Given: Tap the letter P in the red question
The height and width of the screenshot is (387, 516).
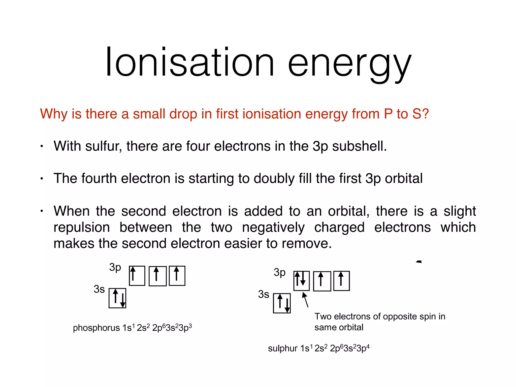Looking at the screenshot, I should click(388, 114).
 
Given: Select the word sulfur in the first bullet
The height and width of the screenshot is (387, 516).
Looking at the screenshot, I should click(104, 146).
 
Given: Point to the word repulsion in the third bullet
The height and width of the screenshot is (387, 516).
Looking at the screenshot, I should click(82, 227).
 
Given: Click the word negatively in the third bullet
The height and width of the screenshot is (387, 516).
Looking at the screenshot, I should click(273, 227).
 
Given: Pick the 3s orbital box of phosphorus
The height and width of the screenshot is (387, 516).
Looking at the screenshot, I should click(117, 298).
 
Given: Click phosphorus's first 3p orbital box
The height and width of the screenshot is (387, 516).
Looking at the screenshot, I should click(137, 276).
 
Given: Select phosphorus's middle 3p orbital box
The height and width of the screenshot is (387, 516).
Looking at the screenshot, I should click(157, 276).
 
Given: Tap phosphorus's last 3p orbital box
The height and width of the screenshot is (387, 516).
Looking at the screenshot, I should click(177, 276).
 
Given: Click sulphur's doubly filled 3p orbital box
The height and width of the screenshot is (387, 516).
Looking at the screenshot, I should click(301, 281).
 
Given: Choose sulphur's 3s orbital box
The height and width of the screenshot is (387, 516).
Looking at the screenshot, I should click(282, 303).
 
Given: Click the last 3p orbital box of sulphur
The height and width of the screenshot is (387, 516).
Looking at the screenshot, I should click(341, 281).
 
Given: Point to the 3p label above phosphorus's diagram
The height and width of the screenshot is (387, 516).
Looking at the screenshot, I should click(115, 267).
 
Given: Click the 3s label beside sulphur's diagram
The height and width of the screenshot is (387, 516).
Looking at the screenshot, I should click(264, 294).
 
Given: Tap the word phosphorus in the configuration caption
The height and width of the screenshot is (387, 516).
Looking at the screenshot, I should click(96, 328).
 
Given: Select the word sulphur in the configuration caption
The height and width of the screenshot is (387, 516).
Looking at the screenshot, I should click(283, 348).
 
